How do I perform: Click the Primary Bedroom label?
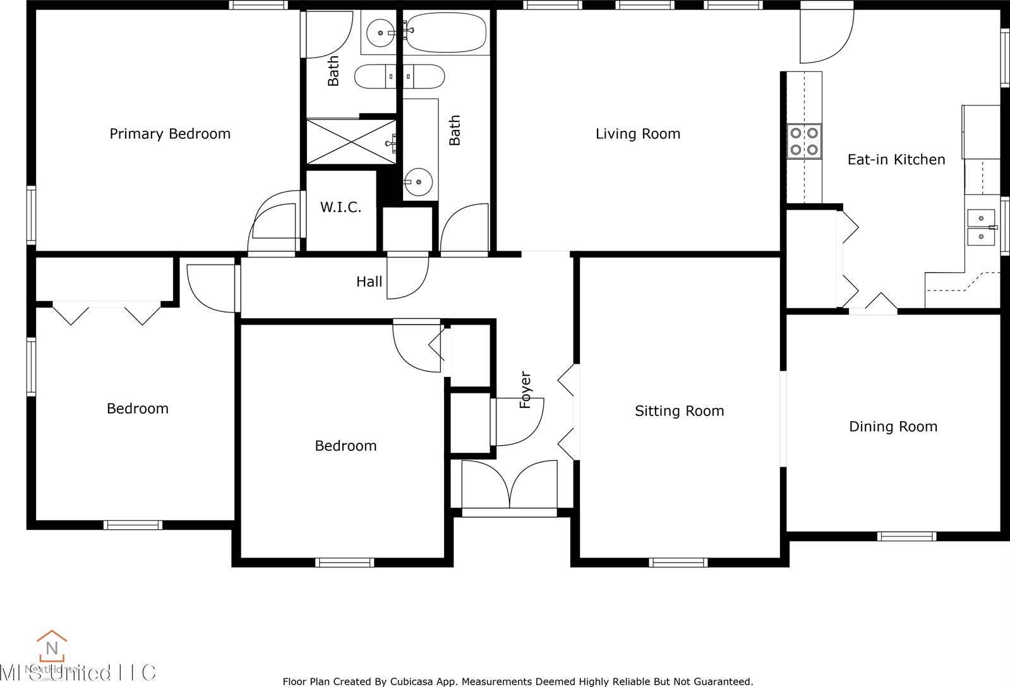click(170, 134)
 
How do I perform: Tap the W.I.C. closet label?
click(340, 207)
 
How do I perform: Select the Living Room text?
click(637, 134)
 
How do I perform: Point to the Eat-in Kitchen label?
click(896, 160)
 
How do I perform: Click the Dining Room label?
click(893, 427)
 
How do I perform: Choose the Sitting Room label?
click(679, 411)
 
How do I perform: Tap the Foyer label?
click(526, 390)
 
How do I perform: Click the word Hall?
click(369, 282)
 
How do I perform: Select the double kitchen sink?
click(981, 227)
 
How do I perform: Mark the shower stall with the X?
click(351, 141)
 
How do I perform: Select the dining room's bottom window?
click(906, 537)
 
